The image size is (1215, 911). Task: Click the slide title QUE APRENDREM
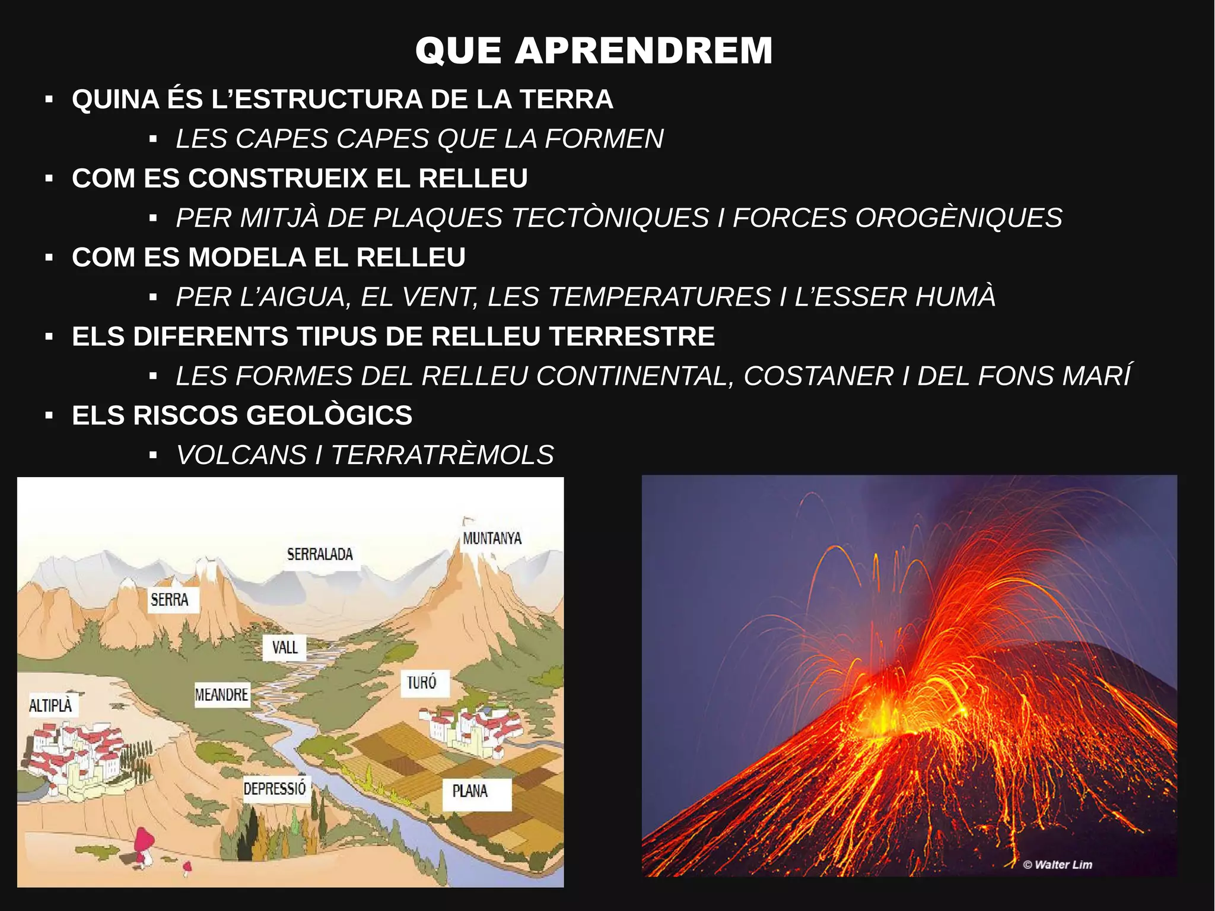[x=594, y=50]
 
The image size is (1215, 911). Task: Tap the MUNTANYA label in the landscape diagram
[x=492, y=538]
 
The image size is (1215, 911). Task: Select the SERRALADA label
[x=320, y=554]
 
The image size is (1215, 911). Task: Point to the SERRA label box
[x=170, y=599]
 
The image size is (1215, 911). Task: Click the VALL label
[x=285, y=647]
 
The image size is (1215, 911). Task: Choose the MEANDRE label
[x=222, y=694]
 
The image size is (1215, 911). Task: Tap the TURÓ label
[x=422, y=683]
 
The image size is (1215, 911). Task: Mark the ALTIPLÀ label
[x=51, y=705]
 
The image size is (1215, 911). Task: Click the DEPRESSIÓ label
[x=275, y=788]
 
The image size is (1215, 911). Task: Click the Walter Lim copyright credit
[x=1058, y=865]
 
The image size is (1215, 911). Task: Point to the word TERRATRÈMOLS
[x=443, y=455]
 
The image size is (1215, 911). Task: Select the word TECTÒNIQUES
[x=610, y=218]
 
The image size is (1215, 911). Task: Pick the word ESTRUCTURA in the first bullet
[x=328, y=99]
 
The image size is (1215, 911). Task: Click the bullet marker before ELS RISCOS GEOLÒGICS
[x=49, y=415]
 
